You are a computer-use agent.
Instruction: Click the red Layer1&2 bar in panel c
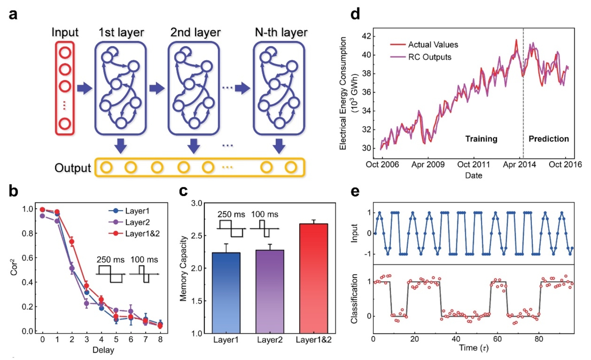(313, 278)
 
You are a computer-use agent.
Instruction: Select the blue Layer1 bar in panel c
(226, 293)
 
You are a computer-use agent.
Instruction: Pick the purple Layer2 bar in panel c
(270, 291)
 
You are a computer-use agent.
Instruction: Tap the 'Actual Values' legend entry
(433, 45)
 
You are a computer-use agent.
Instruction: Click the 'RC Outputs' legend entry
(429, 57)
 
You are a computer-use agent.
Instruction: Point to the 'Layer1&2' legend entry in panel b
(142, 234)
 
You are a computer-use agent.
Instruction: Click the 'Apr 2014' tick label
(519, 164)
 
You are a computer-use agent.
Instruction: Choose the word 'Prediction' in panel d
(549, 139)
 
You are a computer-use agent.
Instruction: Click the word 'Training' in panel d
(481, 139)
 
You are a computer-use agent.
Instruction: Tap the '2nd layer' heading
(195, 32)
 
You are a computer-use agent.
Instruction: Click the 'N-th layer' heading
(281, 32)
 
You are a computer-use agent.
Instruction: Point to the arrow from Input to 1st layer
(84, 88)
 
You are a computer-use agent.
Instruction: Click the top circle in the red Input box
(65, 53)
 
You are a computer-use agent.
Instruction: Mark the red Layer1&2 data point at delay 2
(72, 242)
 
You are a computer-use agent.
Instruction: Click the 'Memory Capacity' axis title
(183, 268)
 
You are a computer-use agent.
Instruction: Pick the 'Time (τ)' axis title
(474, 348)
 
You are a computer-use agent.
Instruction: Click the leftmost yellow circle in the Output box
(106, 168)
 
